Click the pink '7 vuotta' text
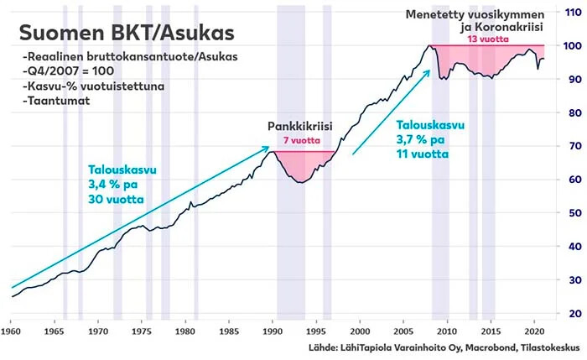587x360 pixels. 299,142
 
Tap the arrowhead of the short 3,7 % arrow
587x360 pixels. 429,71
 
